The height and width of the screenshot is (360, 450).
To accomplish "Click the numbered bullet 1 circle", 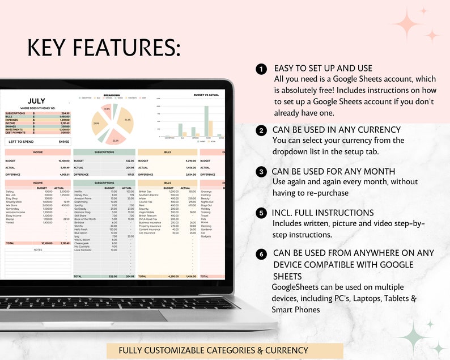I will click(261, 69).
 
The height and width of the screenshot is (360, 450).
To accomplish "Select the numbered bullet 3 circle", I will click(261, 172).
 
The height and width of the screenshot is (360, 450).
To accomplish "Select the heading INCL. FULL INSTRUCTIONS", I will click(323, 213).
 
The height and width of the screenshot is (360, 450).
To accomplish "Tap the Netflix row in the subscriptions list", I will click(79, 192).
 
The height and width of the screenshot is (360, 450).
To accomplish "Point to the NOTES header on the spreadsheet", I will click(37, 249).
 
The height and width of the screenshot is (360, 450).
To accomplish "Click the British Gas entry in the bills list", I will click(145, 192).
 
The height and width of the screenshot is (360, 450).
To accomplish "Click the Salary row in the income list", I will click(10, 192).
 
